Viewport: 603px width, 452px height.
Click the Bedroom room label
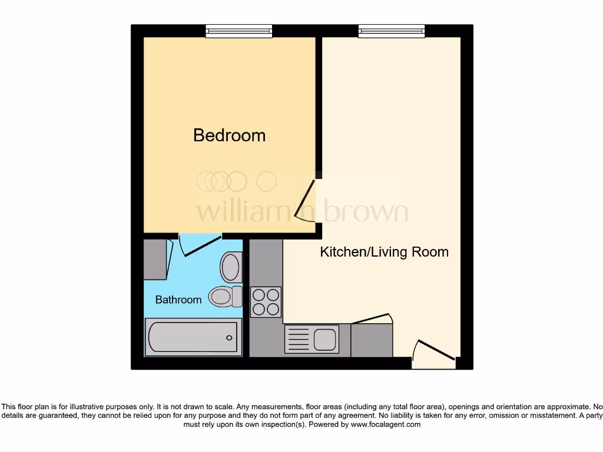tap(229, 135)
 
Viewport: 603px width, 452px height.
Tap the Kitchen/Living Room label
tap(384, 252)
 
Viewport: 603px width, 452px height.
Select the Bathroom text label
tap(178, 300)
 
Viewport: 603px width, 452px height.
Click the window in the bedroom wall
tap(239, 31)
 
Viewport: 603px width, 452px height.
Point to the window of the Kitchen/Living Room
tap(392, 31)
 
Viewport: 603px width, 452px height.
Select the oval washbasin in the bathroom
tap(231, 267)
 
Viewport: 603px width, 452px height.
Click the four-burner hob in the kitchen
tap(266, 301)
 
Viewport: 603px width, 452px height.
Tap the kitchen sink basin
tap(324, 340)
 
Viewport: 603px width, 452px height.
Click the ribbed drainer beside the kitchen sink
tap(299, 340)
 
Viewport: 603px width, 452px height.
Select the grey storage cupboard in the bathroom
tap(155, 259)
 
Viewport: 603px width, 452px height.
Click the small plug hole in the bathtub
tap(229, 338)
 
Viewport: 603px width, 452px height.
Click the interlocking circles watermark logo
tap(236, 181)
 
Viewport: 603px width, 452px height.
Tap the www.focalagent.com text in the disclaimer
tap(385, 424)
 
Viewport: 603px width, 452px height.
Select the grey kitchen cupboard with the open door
tap(372, 340)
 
